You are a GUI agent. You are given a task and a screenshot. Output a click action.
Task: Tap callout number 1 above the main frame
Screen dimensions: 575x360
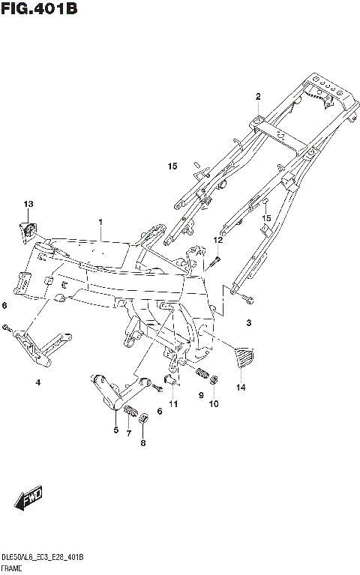point(100,223)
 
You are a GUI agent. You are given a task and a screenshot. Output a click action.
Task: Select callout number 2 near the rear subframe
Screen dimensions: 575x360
point(257,97)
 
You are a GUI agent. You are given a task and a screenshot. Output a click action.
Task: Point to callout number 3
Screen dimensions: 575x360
point(249,323)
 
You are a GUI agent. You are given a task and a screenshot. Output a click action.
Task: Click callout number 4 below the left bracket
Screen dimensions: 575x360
point(37,382)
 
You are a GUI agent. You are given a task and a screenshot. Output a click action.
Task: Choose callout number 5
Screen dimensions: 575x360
point(115,430)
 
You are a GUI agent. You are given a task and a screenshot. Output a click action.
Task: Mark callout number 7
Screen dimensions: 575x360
point(128,434)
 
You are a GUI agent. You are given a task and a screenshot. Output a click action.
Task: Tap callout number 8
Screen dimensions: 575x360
point(144,443)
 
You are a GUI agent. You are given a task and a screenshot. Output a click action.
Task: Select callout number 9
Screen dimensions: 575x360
point(201,394)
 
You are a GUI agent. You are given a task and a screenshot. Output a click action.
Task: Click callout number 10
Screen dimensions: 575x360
point(214,404)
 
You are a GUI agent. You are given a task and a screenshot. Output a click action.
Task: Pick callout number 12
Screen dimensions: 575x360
point(218,240)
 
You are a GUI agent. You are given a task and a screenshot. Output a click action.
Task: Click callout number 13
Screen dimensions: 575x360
point(28,204)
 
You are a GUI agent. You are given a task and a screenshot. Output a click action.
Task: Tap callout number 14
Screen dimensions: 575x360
point(241,388)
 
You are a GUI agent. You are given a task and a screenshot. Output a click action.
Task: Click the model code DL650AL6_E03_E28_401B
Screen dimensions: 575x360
point(42,559)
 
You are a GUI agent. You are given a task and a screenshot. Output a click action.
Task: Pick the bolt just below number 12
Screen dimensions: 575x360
point(215,259)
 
